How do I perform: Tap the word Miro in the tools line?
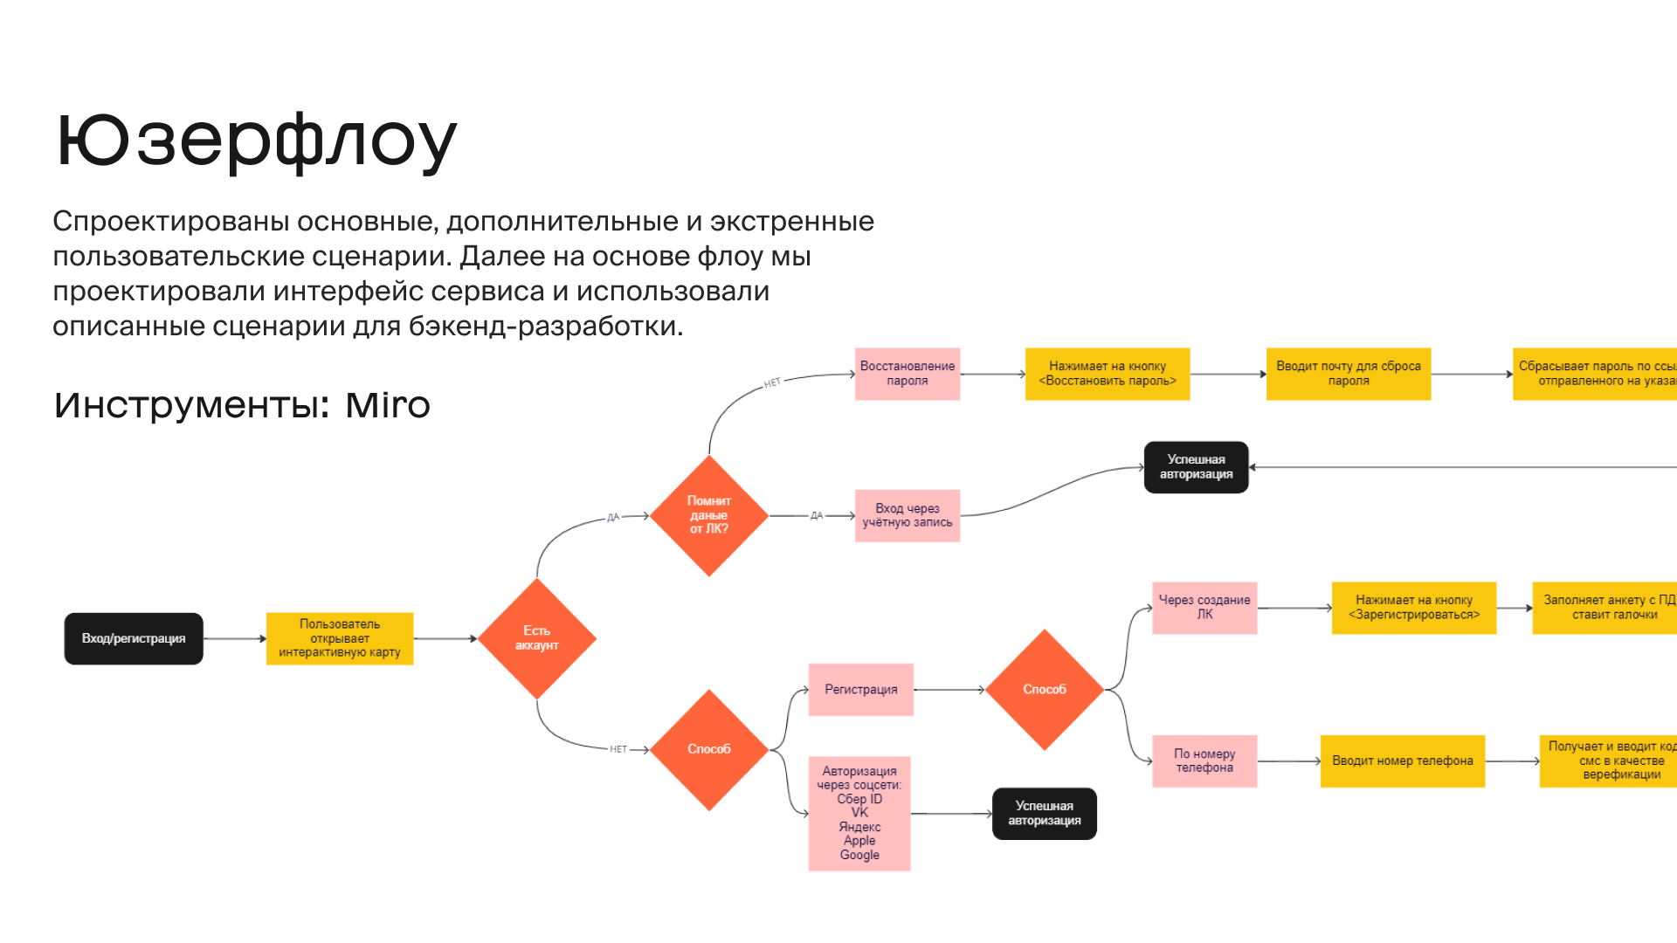click(x=388, y=405)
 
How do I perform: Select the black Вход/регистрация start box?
click(x=134, y=638)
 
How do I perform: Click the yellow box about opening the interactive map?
click(x=340, y=638)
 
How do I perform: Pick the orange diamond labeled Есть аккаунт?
click(x=536, y=638)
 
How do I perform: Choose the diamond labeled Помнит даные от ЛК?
click(x=708, y=515)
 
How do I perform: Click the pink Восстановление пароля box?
click(x=907, y=374)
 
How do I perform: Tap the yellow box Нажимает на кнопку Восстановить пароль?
click(x=1107, y=374)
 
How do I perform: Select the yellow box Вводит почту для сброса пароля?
click(x=1348, y=374)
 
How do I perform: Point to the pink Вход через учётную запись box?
click(x=907, y=515)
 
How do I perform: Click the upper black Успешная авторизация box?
click(x=1196, y=467)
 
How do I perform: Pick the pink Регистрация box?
click(x=860, y=690)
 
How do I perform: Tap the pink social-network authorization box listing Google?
click(x=859, y=813)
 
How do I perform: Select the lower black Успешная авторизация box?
click(x=1044, y=813)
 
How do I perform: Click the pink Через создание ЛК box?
click(x=1204, y=608)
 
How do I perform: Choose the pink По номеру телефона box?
click(x=1204, y=761)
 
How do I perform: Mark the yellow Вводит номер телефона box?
click(x=1402, y=761)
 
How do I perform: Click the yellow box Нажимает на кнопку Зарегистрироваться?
click(x=1413, y=608)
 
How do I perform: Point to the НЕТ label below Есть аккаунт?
click(x=618, y=749)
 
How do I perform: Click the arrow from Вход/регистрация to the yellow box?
click(x=234, y=638)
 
